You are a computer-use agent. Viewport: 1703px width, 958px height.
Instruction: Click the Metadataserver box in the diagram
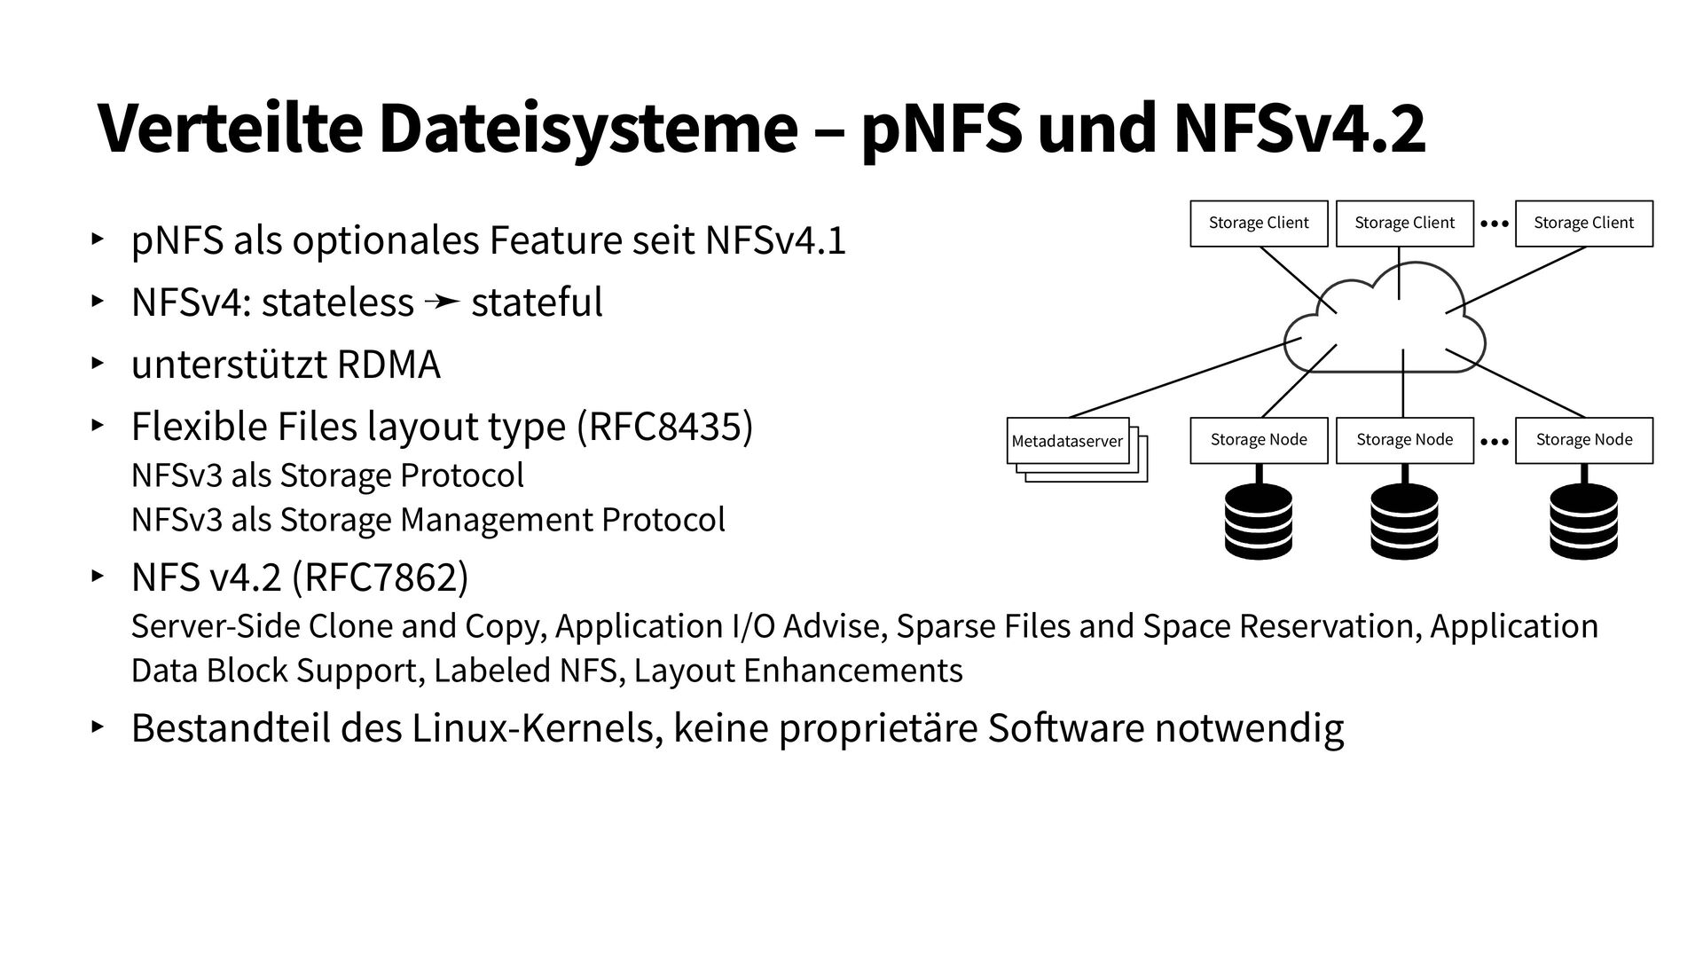1067,441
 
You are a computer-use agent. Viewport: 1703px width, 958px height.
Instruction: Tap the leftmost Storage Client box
1259,224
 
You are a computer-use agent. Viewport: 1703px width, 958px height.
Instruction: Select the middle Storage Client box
1404,224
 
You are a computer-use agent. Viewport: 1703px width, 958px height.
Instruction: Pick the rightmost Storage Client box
1583,224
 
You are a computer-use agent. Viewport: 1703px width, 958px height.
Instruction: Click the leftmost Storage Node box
1259,440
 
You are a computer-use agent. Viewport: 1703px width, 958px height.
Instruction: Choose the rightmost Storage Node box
1583,440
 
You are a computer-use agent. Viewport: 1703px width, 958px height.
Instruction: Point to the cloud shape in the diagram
1388,328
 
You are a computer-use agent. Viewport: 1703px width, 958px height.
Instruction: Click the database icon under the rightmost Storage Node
1583,522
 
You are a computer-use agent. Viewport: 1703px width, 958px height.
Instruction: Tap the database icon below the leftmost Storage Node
1259,522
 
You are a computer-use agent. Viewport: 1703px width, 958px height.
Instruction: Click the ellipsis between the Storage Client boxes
1495,224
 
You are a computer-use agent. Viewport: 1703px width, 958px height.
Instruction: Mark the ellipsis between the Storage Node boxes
1495,441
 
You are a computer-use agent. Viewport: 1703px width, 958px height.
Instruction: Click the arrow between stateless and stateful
442,303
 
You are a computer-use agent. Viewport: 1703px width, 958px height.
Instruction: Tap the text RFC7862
380,577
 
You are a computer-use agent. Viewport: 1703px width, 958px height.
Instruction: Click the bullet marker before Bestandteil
97,727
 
